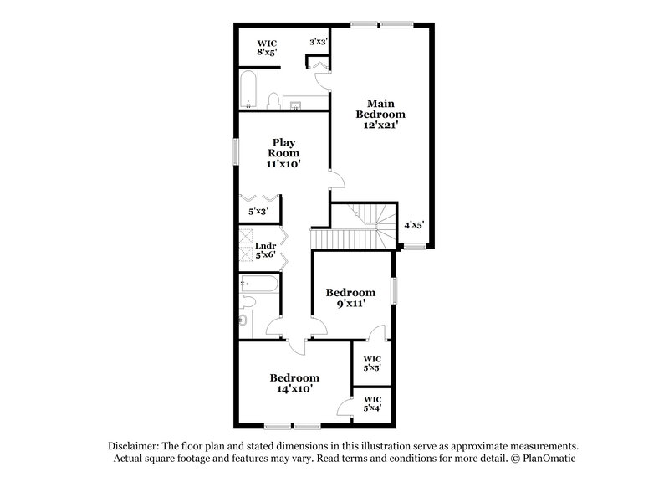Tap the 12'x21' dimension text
[380, 125]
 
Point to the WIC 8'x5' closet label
[267, 48]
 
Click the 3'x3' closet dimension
[318, 41]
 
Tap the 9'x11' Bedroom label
[350, 298]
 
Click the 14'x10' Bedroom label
[294, 383]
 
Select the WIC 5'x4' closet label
[372, 403]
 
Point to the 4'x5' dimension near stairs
[415, 224]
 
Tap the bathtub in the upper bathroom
[249, 90]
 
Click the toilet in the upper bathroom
[273, 101]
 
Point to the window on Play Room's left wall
[237, 151]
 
